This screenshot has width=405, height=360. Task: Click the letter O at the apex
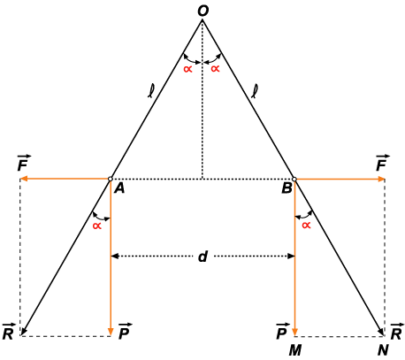(202, 11)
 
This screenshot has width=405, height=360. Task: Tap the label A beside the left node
(119, 188)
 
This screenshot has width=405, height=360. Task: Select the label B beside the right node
(287, 188)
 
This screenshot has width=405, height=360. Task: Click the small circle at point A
(111, 179)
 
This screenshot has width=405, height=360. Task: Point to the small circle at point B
(294, 179)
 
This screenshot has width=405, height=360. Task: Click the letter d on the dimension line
(202, 257)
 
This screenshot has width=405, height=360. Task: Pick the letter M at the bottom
(295, 350)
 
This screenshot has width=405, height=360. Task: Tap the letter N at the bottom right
(383, 350)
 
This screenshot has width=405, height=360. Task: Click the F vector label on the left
(23, 163)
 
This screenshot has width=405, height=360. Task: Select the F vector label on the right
(382, 163)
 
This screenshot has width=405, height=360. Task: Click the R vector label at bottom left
(8, 332)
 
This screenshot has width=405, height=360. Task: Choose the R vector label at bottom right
(397, 332)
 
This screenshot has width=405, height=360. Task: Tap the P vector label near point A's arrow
(125, 332)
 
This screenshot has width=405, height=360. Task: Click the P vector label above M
(282, 332)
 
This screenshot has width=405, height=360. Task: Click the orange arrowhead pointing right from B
(381, 179)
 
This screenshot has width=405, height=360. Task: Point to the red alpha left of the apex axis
(187, 69)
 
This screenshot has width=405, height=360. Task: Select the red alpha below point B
(306, 226)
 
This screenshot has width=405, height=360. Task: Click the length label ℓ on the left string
(151, 91)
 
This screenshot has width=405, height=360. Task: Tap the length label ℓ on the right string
(255, 91)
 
